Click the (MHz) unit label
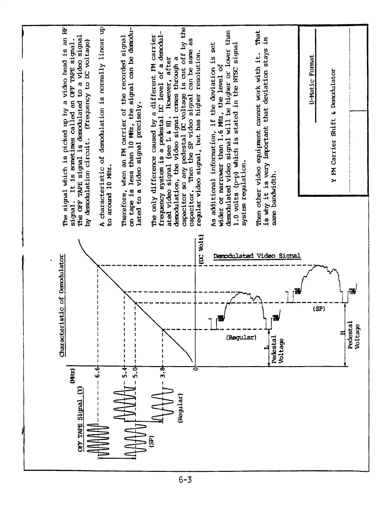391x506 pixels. (x=72, y=376)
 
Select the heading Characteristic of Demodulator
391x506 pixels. (x=62, y=305)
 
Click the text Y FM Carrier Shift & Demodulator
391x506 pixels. (x=333, y=126)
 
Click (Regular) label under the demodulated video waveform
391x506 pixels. (x=241, y=337)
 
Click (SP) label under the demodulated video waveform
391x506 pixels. (x=318, y=309)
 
